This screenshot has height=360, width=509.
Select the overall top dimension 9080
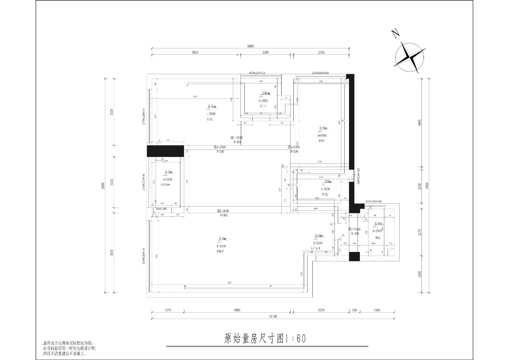click(x=250, y=46)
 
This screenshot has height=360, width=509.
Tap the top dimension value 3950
click(x=195, y=53)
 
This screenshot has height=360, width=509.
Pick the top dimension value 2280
click(x=265, y=53)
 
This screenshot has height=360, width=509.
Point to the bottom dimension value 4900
click(x=237, y=310)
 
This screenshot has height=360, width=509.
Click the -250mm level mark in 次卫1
click(x=265, y=93)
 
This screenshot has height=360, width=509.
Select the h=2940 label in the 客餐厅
click(x=221, y=246)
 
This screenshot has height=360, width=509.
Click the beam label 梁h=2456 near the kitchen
click(x=354, y=229)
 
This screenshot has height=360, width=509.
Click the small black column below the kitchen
click(x=354, y=257)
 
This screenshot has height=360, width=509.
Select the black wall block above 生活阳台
click(x=165, y=151)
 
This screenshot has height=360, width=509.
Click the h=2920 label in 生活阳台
click(x=168, y=180)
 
